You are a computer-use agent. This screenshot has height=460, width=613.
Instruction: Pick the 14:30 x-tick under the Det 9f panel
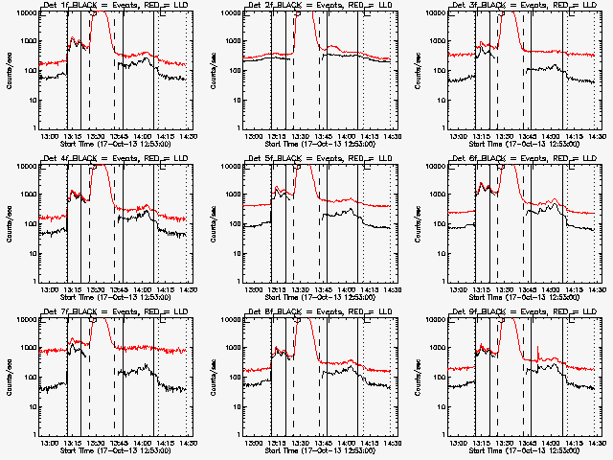[598, 443]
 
